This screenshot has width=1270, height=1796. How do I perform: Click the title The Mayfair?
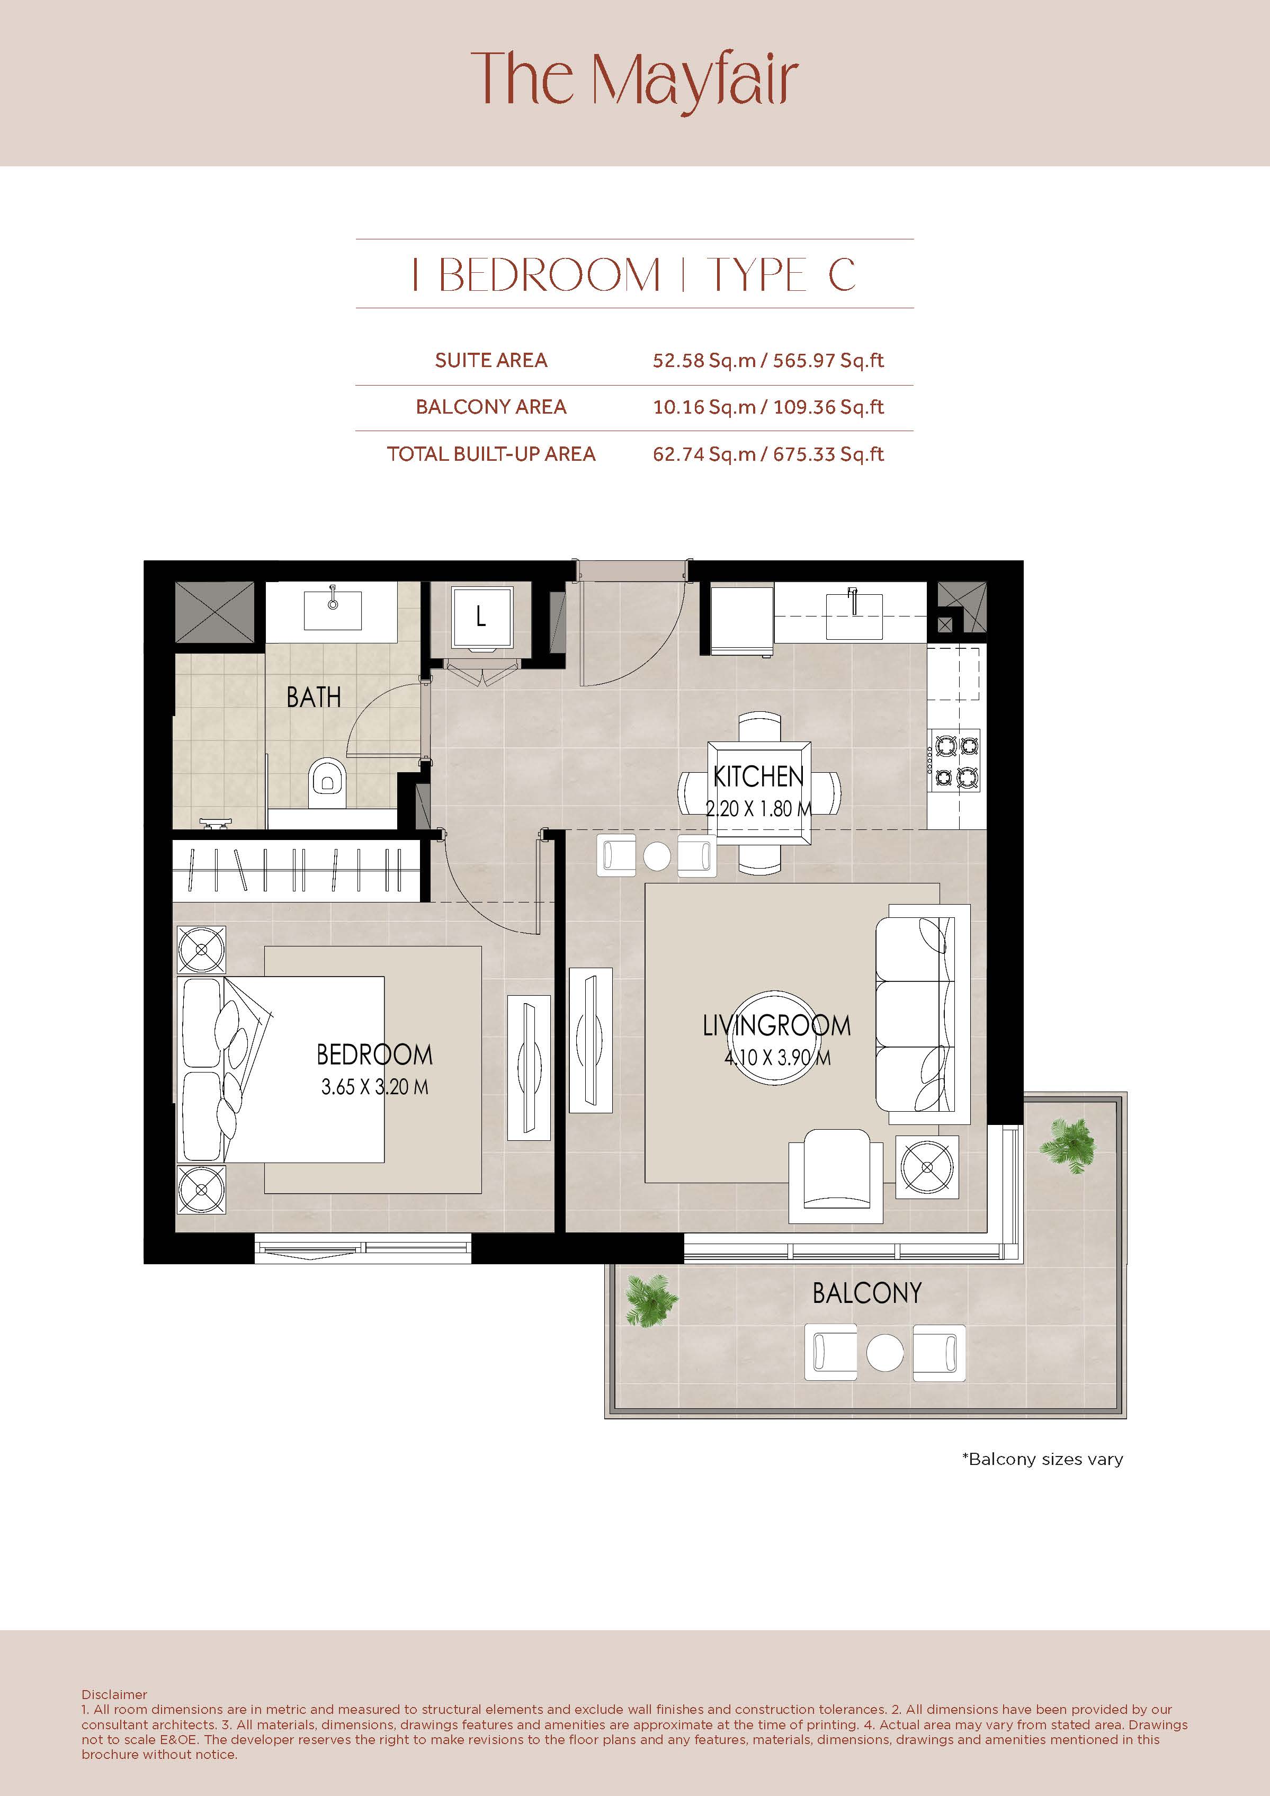coord(634,80)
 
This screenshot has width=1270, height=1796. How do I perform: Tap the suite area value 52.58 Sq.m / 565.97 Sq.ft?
coord(768,361)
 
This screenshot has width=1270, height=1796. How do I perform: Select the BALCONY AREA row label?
coord(491,407)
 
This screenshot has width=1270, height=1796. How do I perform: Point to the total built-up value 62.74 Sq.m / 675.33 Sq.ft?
coord(768,454)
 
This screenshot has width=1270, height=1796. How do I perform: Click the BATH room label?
coord(314,697)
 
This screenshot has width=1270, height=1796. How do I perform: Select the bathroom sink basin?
coord(333,610)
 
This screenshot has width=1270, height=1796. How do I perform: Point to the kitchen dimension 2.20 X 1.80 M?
coord(758,809)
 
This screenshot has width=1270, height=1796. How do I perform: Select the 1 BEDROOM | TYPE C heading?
coord(634,274)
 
